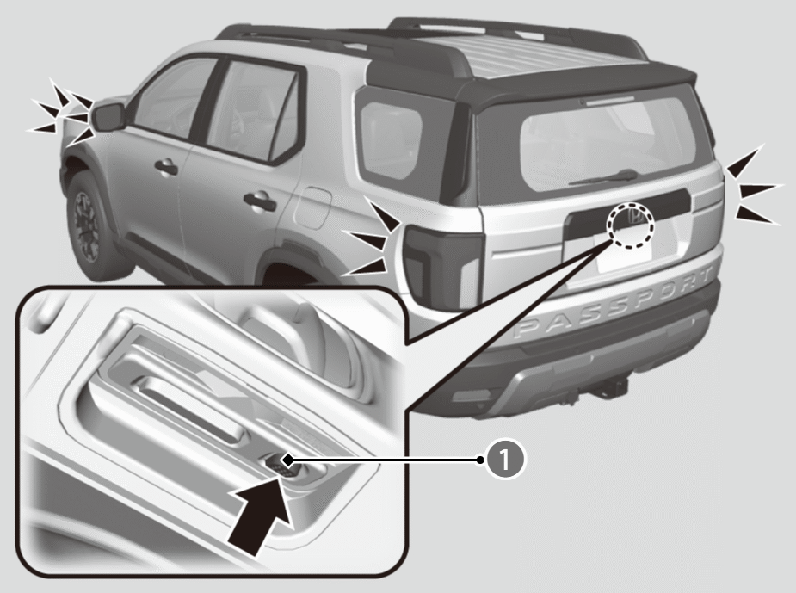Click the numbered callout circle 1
click(504, 460)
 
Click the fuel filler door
click(312, 207)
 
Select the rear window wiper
click(602, 177)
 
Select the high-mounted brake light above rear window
click(608, 100)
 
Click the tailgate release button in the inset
click(278, 462)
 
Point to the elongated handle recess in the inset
click(190, 405)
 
